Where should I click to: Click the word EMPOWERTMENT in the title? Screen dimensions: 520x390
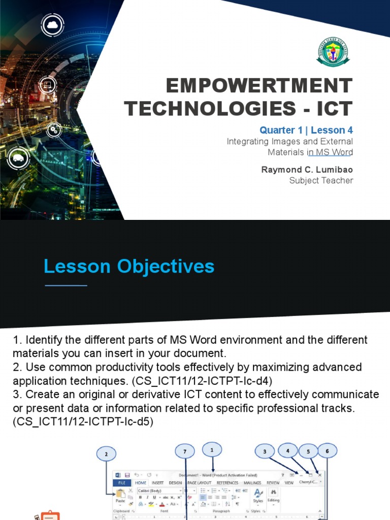259,86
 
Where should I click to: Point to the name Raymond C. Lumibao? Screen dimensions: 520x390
307,170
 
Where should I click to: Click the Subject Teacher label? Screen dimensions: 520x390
321,180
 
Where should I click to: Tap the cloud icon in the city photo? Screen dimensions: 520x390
53,24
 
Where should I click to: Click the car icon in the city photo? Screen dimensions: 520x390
18,158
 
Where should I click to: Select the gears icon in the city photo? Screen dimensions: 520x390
54,130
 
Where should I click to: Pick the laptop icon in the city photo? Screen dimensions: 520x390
47,84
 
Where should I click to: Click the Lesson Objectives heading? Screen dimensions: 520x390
129,266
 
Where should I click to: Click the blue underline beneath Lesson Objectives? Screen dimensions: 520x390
66,285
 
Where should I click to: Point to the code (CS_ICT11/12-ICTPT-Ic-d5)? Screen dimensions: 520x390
83,421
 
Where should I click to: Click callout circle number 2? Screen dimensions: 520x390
107,454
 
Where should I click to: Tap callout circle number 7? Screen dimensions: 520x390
185,451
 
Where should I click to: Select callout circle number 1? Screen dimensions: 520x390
212,449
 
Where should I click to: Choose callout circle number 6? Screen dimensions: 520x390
327,450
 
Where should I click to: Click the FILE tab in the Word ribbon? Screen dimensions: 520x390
122,483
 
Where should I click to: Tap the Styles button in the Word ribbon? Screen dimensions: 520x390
258,495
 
